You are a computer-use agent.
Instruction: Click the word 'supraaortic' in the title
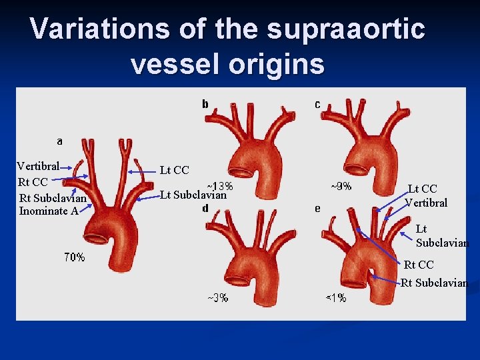click(x=345, y=29)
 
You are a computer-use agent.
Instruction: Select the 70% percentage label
click(x=75, y=257)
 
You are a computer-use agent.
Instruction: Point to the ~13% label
click(x=219, y=186)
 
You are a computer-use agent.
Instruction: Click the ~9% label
click(x=341, y=187)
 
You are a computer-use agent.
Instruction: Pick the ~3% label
click(x=217, y=298)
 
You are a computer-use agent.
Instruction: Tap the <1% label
click(x=335, y=298)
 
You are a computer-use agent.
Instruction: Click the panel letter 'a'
click(x=60, y=141)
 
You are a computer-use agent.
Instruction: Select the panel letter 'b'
click(x=205, y=104)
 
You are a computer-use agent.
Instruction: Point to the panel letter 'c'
click(x=317, y=104)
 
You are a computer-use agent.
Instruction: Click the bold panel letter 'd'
click(x=205, y=208)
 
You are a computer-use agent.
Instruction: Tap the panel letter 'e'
click(x=317, y=208)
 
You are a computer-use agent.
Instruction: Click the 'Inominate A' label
click(x=49, y=211)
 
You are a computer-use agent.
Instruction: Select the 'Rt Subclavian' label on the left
click(x=53, y=199)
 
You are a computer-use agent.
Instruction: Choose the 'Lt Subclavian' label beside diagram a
click(x=193, y=195)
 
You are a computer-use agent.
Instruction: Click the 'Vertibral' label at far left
click(x=38, y=166)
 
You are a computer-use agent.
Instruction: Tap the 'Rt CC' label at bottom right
click(x=419, y=265)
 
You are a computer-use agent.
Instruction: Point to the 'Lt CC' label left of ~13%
click(x=174, y=171)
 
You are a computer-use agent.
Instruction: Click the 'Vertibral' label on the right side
click(x=426, y=203)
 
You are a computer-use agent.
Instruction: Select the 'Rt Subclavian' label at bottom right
click(x=434, y=283)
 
